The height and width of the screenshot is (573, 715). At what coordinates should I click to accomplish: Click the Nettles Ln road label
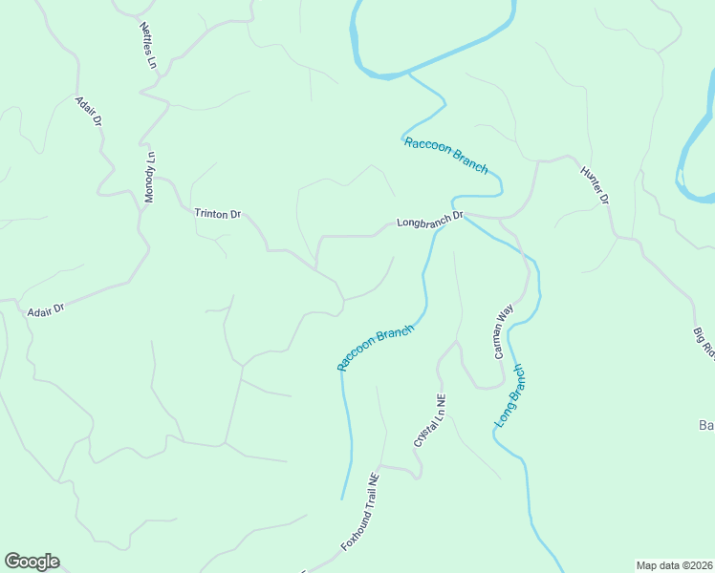click(x=147, y=46)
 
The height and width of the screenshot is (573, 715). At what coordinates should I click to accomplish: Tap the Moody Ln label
click(x=149, y=177)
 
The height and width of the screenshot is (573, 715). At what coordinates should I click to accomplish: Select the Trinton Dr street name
click(x=217, y=214)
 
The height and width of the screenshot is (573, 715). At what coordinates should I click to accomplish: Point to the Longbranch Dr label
click(x=429, y=220)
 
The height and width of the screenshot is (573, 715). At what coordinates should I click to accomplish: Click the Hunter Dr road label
click(x=595, y=185)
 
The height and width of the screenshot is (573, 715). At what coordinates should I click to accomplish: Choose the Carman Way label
click(x=504, y=331)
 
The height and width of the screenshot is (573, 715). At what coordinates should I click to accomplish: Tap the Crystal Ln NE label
click(x=430, y=420)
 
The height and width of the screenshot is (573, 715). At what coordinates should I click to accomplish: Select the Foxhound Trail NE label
click(x=361, y=511)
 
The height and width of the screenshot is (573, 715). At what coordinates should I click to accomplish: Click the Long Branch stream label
click(x=509, y=395)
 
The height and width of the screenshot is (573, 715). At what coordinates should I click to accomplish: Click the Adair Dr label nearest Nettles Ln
click(x=89, y=112)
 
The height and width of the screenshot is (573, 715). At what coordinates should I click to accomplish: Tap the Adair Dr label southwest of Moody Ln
click(x=45, y=309)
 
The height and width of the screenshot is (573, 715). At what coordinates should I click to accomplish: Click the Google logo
click(x=32, y=562)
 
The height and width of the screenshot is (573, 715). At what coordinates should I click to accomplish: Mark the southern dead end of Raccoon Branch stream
click(x=342, y=498)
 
